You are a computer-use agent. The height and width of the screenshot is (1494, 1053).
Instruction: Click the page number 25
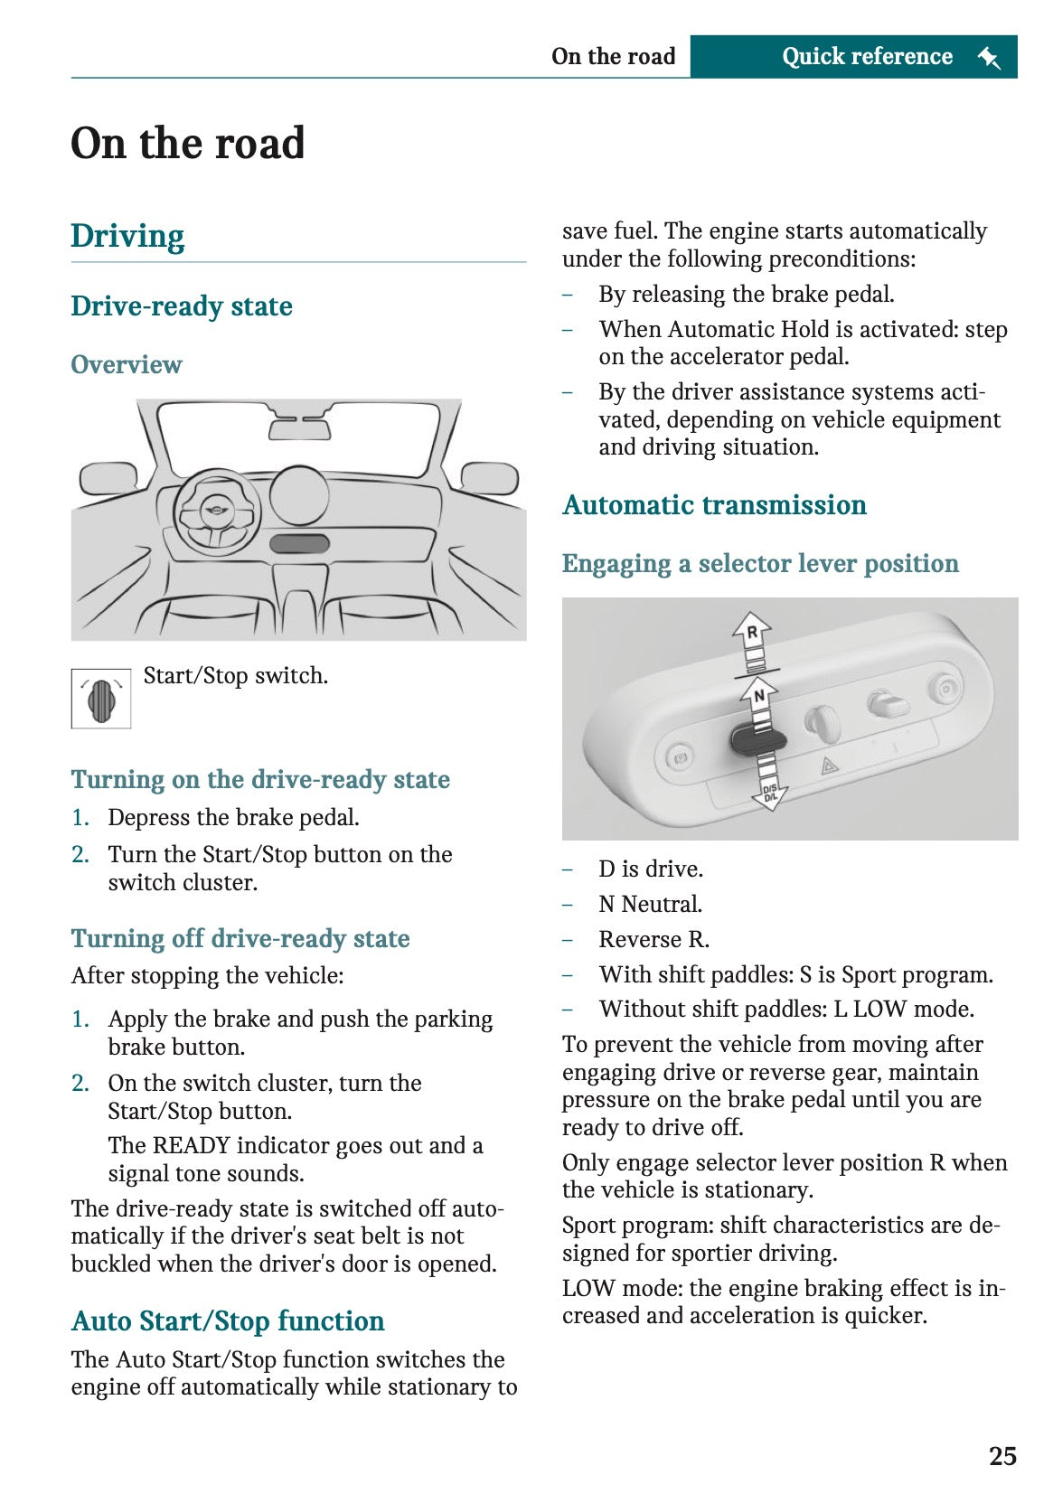click(1001, 1455)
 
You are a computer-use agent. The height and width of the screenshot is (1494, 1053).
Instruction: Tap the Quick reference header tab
click(866, 56)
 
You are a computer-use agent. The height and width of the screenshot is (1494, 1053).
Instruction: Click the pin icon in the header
click(989, 58)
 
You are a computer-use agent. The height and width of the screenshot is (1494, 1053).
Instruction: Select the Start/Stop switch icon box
click(101, 698)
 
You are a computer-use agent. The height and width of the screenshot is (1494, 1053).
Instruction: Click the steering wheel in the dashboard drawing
click(216, 513)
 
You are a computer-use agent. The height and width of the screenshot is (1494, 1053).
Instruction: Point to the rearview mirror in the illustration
click(299, 427)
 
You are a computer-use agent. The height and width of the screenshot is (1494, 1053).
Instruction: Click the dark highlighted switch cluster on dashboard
click(299, 543)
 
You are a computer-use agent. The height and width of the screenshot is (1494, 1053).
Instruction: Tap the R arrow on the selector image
click(752, 633)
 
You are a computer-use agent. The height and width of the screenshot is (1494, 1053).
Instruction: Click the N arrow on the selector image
click(759, 696)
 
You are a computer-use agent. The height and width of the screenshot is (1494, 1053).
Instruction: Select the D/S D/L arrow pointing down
click(769, 794)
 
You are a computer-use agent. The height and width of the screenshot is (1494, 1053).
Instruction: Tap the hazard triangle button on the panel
click(829, 766)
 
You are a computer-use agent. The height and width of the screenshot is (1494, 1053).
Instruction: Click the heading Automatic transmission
click(714, 504)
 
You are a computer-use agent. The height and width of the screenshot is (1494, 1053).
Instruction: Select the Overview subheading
click(127, 364)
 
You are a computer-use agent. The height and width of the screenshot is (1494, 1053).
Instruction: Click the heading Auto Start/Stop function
click(228, 1320)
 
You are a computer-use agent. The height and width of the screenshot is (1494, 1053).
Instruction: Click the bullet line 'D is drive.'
click(650, 869)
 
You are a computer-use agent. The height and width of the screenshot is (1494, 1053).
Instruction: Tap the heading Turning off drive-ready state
click(240, 938)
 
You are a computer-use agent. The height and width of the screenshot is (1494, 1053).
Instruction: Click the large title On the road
click(188, 143)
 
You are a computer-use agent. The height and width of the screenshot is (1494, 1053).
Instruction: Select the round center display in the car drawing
click(299, 494)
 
